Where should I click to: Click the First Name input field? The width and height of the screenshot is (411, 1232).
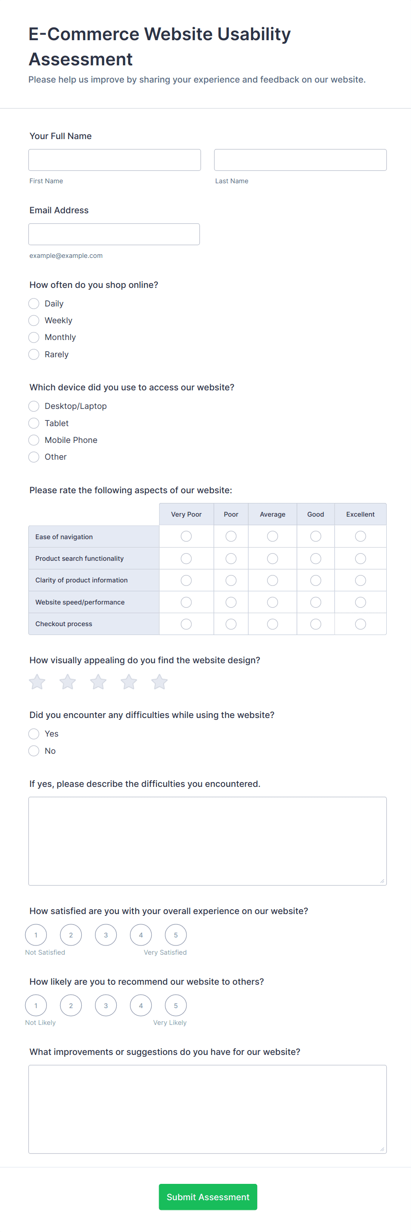114,160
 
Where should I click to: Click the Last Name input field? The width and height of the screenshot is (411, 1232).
300,160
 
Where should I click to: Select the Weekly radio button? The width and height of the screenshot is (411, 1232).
34,321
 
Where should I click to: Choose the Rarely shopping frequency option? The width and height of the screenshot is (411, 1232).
34,355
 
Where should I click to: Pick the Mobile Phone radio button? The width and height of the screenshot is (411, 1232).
34,440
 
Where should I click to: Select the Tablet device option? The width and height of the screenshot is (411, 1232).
34,423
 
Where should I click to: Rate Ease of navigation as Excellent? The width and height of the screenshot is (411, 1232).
360,537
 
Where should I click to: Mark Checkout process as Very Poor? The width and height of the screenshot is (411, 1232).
186,624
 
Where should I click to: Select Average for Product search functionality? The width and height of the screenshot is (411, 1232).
272,559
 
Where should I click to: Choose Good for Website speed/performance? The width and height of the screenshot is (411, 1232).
315,602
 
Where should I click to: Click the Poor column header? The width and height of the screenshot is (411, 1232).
231,514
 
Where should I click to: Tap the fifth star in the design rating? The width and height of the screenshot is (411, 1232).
160,682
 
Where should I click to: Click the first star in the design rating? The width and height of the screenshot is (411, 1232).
37,682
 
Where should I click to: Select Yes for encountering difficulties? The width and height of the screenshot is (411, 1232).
34,733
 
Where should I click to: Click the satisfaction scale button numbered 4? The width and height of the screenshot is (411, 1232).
141,935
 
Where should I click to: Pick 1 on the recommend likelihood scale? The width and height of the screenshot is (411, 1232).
36,1005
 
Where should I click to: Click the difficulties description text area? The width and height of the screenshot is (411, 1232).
207,841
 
